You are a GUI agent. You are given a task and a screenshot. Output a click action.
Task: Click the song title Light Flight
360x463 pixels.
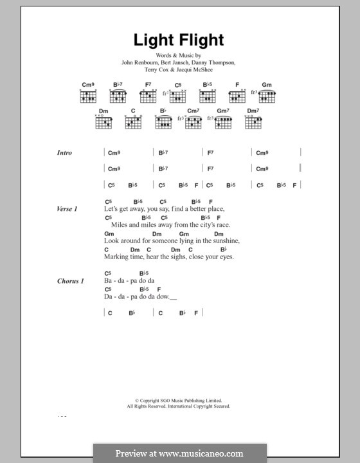(x=179, y=40)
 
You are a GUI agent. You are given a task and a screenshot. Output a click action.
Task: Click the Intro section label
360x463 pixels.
(x=64, y=153)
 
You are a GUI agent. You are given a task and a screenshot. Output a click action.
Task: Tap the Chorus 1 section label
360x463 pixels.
(x=70, y=281)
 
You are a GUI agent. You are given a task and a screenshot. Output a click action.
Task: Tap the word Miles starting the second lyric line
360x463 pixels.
(x=120, y=225)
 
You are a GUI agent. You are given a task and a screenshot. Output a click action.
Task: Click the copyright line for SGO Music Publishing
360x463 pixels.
(x=179, y=400)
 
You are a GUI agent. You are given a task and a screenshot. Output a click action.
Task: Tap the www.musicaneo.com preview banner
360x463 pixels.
(x=179, y=453)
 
